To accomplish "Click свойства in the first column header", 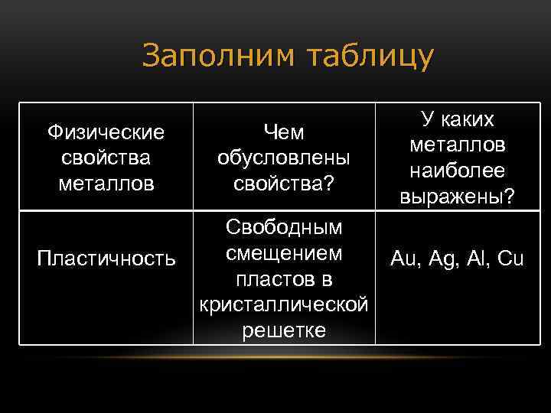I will pos(106,158).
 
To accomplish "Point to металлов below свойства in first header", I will pos(106,184).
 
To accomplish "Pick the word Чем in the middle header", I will pos(283,133).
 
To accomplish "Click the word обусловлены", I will pos(283,158).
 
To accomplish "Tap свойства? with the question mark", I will pos(283,184).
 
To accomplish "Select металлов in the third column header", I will pos(457,145).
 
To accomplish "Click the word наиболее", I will pos(457,171).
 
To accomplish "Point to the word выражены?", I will pos(457,197).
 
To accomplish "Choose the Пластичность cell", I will pos(106,259).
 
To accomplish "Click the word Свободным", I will pos(284,228).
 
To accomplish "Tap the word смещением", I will pos(284,252).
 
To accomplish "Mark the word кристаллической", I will pos(284,304).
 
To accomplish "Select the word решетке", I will pos(284,330).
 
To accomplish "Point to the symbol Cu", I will pos(510,259).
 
